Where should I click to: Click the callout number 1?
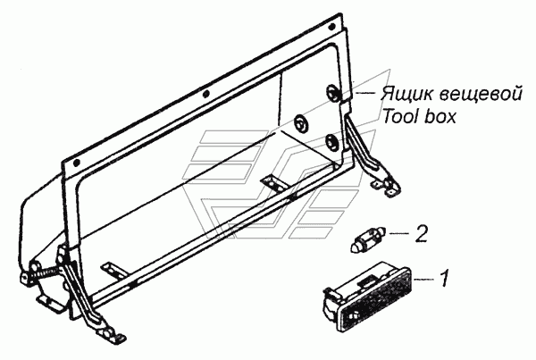click(x=443, y=279)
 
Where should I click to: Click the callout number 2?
click(x=422, y=233)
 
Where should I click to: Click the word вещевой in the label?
click(x=481, y=93)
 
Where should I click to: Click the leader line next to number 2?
click(x=399, y=233)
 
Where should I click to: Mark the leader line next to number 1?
click(x=424, y=280)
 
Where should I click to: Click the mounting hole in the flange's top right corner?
click(x=331, y=27)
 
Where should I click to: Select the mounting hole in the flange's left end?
click(x=77, y=162)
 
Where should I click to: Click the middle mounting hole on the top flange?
click(x=205, y=93)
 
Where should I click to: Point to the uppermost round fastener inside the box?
click(x=332, y=91)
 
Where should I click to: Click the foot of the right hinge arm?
click(x=387, y=187)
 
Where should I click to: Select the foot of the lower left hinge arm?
click(x=110, y=334)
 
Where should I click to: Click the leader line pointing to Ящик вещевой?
click(x=365, y=92)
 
